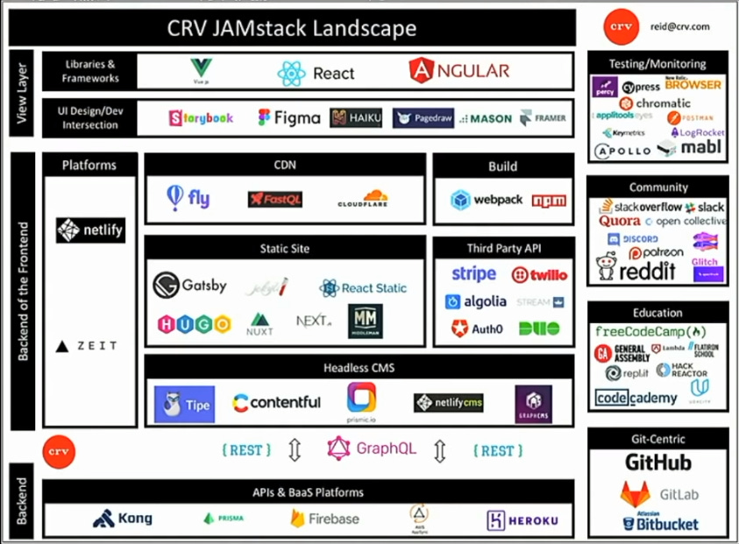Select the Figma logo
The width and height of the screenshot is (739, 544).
[288, 117]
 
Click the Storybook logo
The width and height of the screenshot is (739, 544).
[201, 117]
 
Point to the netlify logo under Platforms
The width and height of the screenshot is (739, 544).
[90, 230]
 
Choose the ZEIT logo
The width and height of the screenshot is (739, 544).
[87, 346]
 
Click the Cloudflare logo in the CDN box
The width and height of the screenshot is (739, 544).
[363, 199]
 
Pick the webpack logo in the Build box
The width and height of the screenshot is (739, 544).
[487, 200]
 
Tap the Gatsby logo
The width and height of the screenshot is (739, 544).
[189, 286]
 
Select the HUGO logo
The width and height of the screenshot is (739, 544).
[194, 324]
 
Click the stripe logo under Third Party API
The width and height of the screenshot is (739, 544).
[473, 274]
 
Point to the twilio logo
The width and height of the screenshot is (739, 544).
[539, 275]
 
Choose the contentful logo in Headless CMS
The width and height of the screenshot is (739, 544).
[276, 403]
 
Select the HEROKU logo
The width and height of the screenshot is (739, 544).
[522, 520]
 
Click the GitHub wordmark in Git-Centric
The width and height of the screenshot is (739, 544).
[657, 463]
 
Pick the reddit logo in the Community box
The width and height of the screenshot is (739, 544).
[636, 270]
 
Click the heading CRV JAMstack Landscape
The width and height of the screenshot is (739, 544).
[292, 28]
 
